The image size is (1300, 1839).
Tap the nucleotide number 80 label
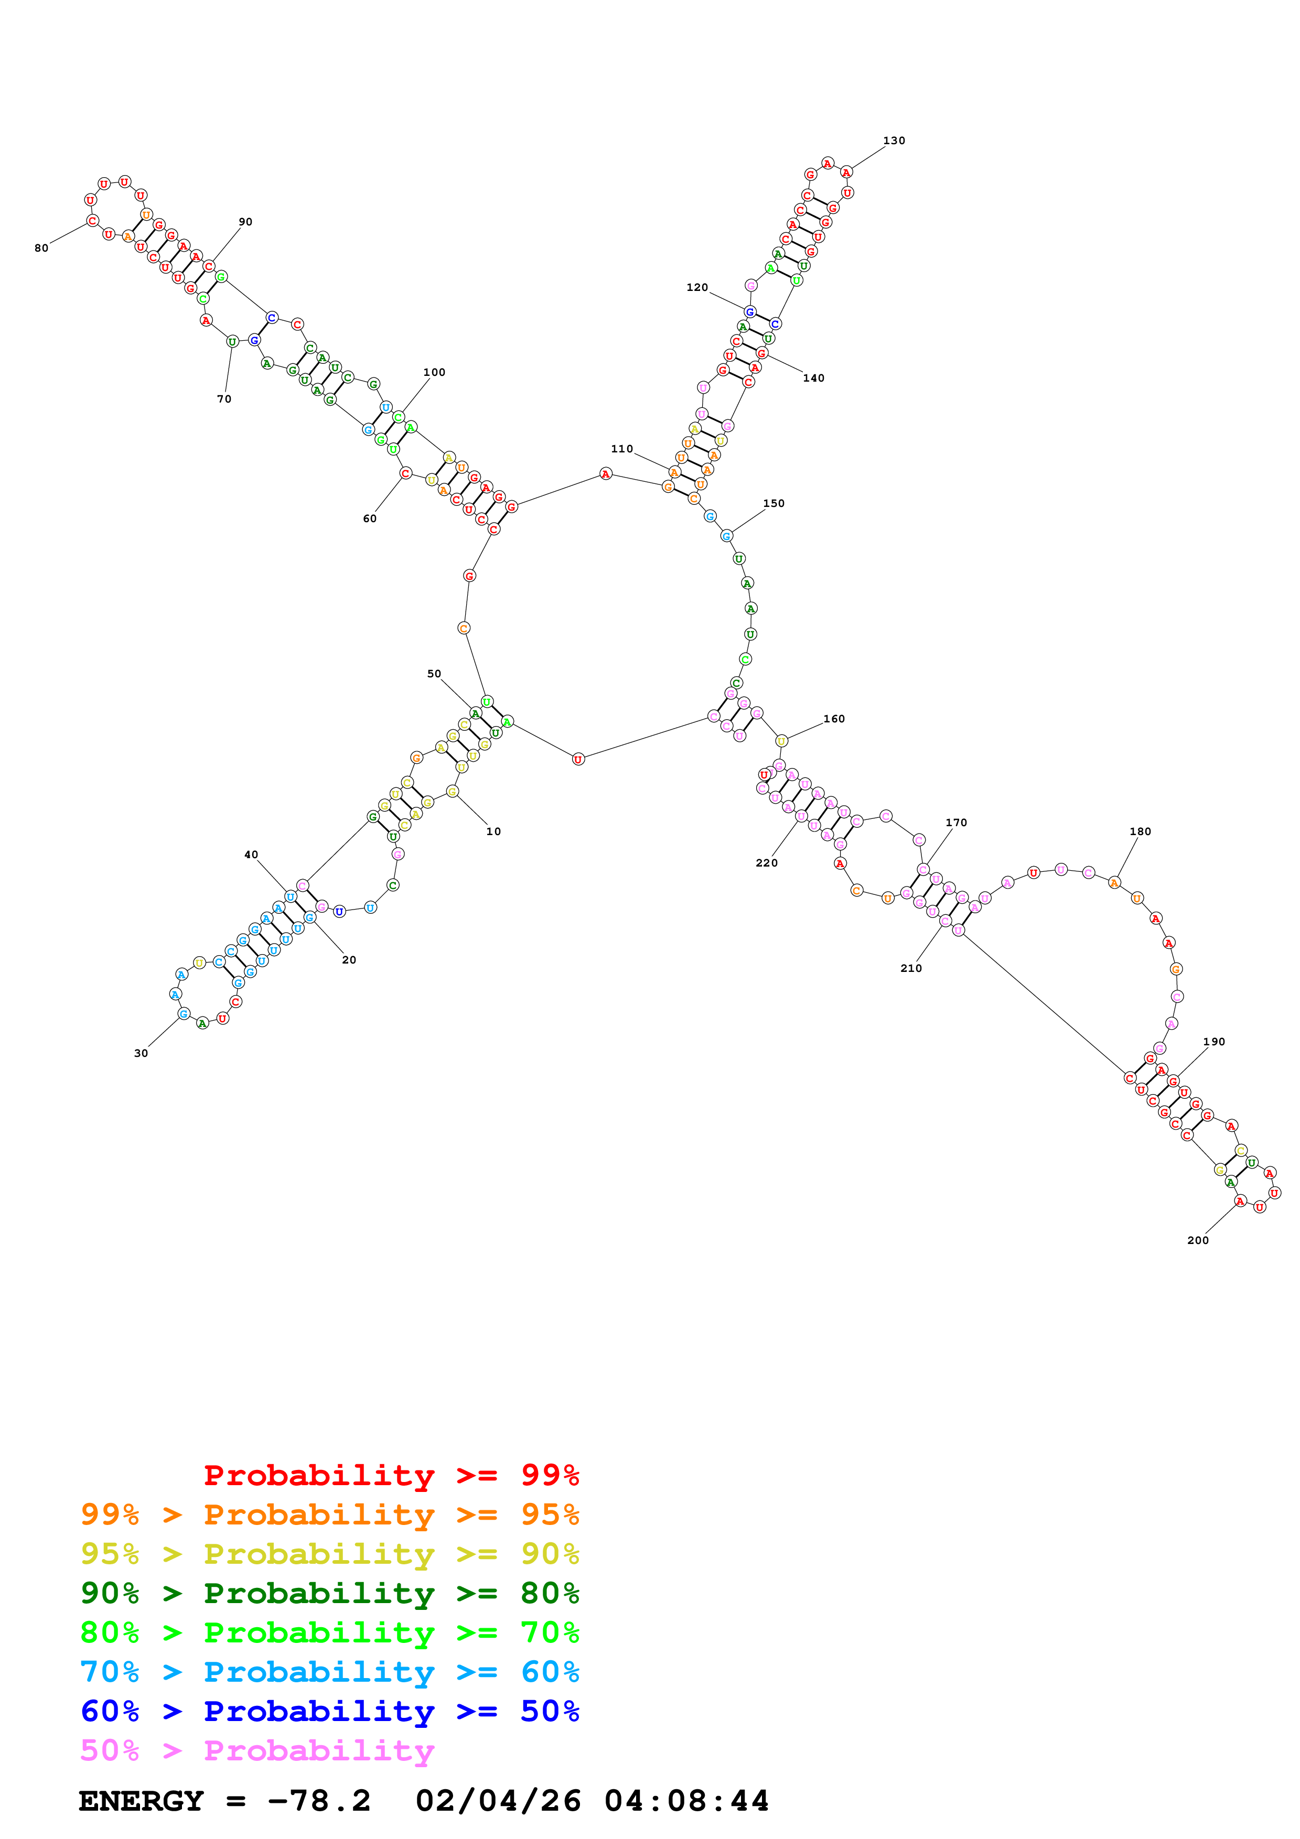[41, 248]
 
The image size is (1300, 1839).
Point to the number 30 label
[141, 1053]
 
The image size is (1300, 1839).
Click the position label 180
[1140, 831]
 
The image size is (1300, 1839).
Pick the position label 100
[434, 372]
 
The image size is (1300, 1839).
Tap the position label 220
[767, 863]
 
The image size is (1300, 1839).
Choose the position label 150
[773, 504]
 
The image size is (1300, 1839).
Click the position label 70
[224, 399]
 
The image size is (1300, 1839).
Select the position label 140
[814, 378]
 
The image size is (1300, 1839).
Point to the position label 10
[493, 831]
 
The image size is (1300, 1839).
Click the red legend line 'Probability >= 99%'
[391, 1475]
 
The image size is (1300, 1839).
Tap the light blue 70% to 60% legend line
[329, 1672]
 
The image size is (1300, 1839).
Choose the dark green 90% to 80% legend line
[329, 1593]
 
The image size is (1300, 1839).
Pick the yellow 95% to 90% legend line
[329, 1554]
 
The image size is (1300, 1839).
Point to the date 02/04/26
[498, 1801]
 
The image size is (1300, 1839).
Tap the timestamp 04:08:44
[686, 1801]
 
